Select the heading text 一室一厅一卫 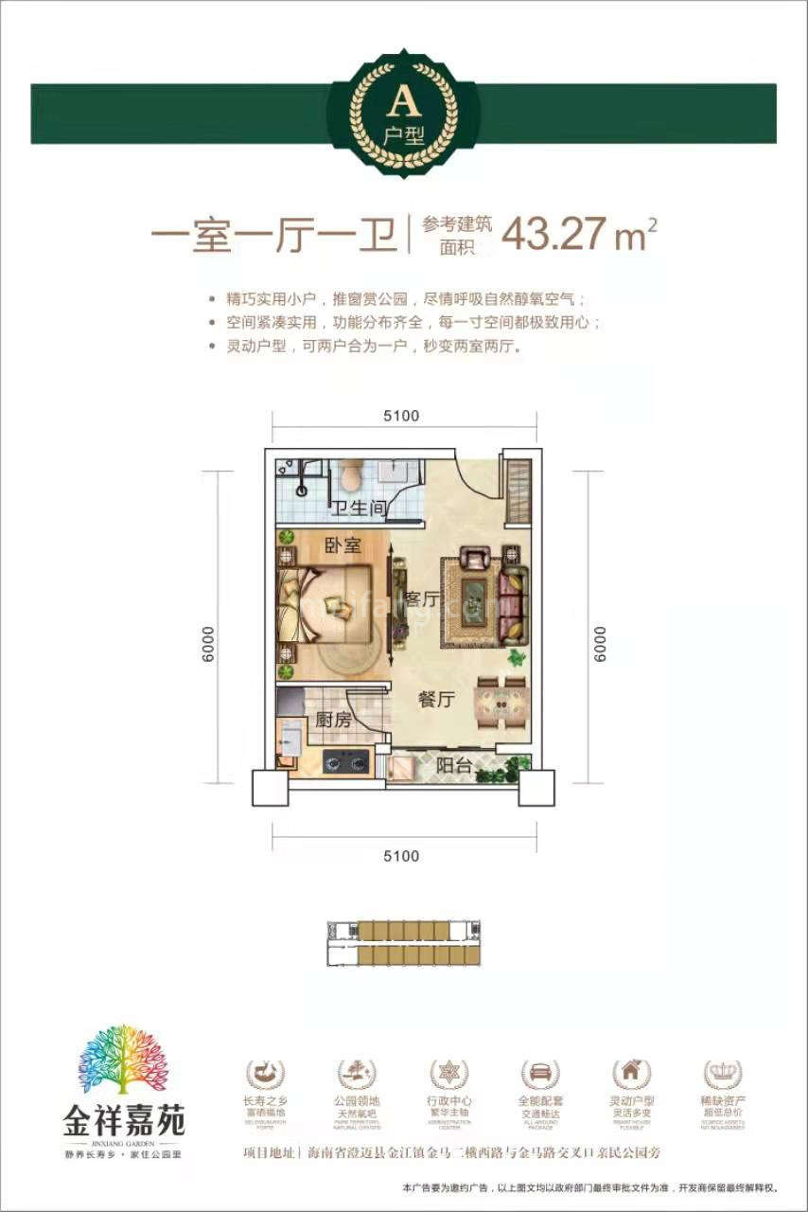(x=274, y=235)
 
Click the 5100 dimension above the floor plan (x=403, y=416)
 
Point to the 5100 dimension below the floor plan (x=403, y=856)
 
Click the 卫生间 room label (x=359, y=508)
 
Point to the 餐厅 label (x=436, y=701)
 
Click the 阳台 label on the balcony (x=454, y=766)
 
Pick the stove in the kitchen (x=344, y=759)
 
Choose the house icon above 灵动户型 (x=631, y=1074)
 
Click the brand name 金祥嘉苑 (x=124, y=1124)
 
